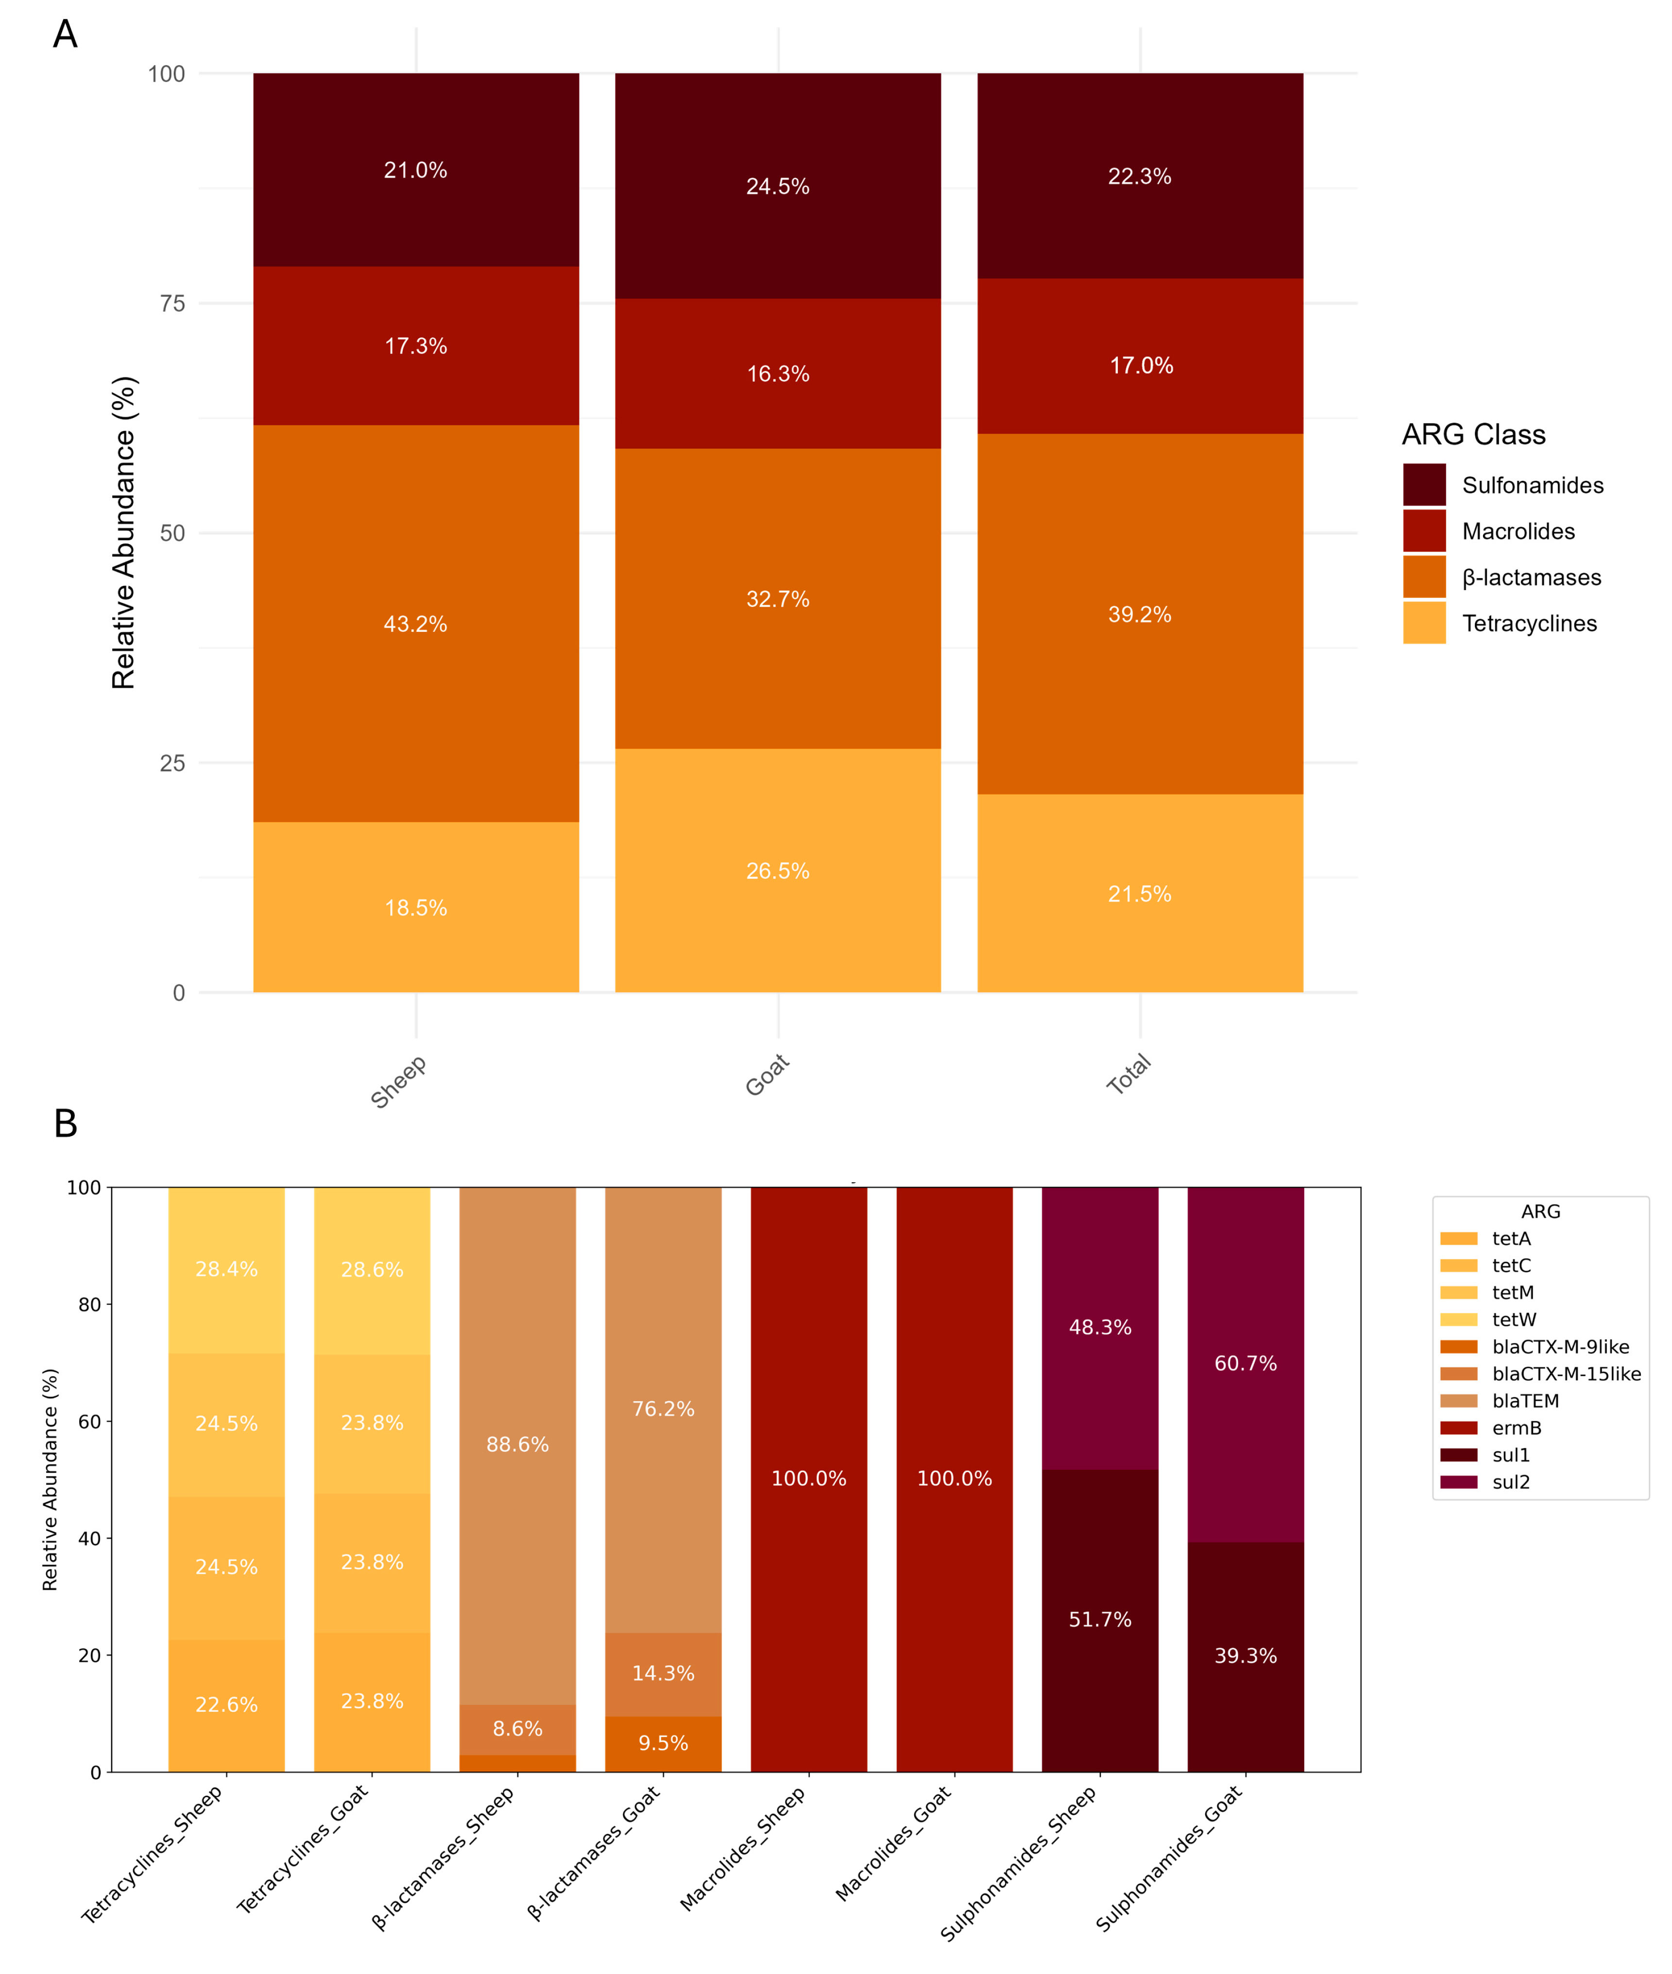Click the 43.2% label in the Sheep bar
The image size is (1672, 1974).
[x=415, y=624]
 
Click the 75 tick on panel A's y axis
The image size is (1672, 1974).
[x=172, y=303]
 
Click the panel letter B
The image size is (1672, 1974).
[x=66, y=1124]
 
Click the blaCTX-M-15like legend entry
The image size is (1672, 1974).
[x=1565, y=1373]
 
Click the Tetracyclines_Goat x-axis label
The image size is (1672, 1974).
[x=301, y=1849]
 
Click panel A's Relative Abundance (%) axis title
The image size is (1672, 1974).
[x=124, y=532]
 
